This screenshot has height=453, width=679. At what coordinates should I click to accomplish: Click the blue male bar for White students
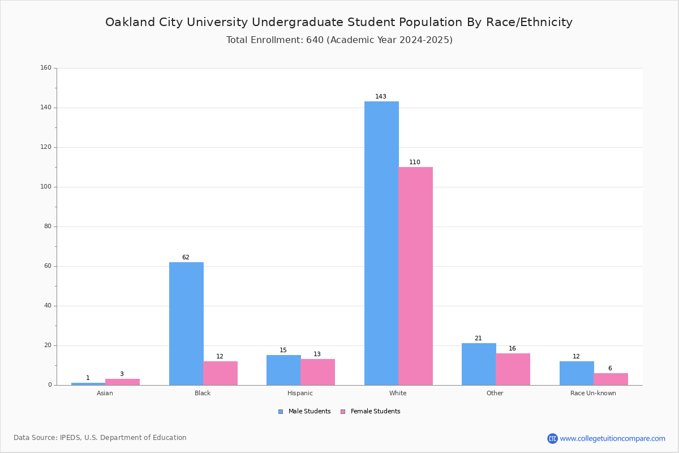381,243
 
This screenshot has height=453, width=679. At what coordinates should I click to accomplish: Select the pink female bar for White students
415,276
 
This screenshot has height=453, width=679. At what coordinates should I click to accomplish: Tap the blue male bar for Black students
186,323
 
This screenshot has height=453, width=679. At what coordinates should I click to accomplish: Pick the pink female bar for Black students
220,373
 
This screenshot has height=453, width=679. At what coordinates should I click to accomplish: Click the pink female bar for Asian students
122,382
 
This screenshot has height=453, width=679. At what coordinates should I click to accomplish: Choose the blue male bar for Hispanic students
283,370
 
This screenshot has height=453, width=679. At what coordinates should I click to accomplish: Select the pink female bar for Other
513,369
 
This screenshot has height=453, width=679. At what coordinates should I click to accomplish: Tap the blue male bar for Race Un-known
577,373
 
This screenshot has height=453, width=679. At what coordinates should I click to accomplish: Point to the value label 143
381,96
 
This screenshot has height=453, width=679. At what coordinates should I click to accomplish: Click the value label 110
415,162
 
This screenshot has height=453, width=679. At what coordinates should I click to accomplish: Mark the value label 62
186,257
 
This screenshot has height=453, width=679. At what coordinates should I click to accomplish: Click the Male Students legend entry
304,411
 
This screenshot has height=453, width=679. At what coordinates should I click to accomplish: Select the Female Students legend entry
371,411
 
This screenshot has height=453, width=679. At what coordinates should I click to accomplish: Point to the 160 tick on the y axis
46,67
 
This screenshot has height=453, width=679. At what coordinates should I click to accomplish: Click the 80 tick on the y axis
48,226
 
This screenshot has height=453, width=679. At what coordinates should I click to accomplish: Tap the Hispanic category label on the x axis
300,393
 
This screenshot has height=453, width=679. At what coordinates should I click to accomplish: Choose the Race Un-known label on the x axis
593,393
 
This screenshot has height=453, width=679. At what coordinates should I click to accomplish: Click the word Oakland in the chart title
130,22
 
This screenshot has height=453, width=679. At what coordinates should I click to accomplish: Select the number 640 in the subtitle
315,40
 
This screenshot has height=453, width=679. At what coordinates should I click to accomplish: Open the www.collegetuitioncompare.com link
612,438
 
